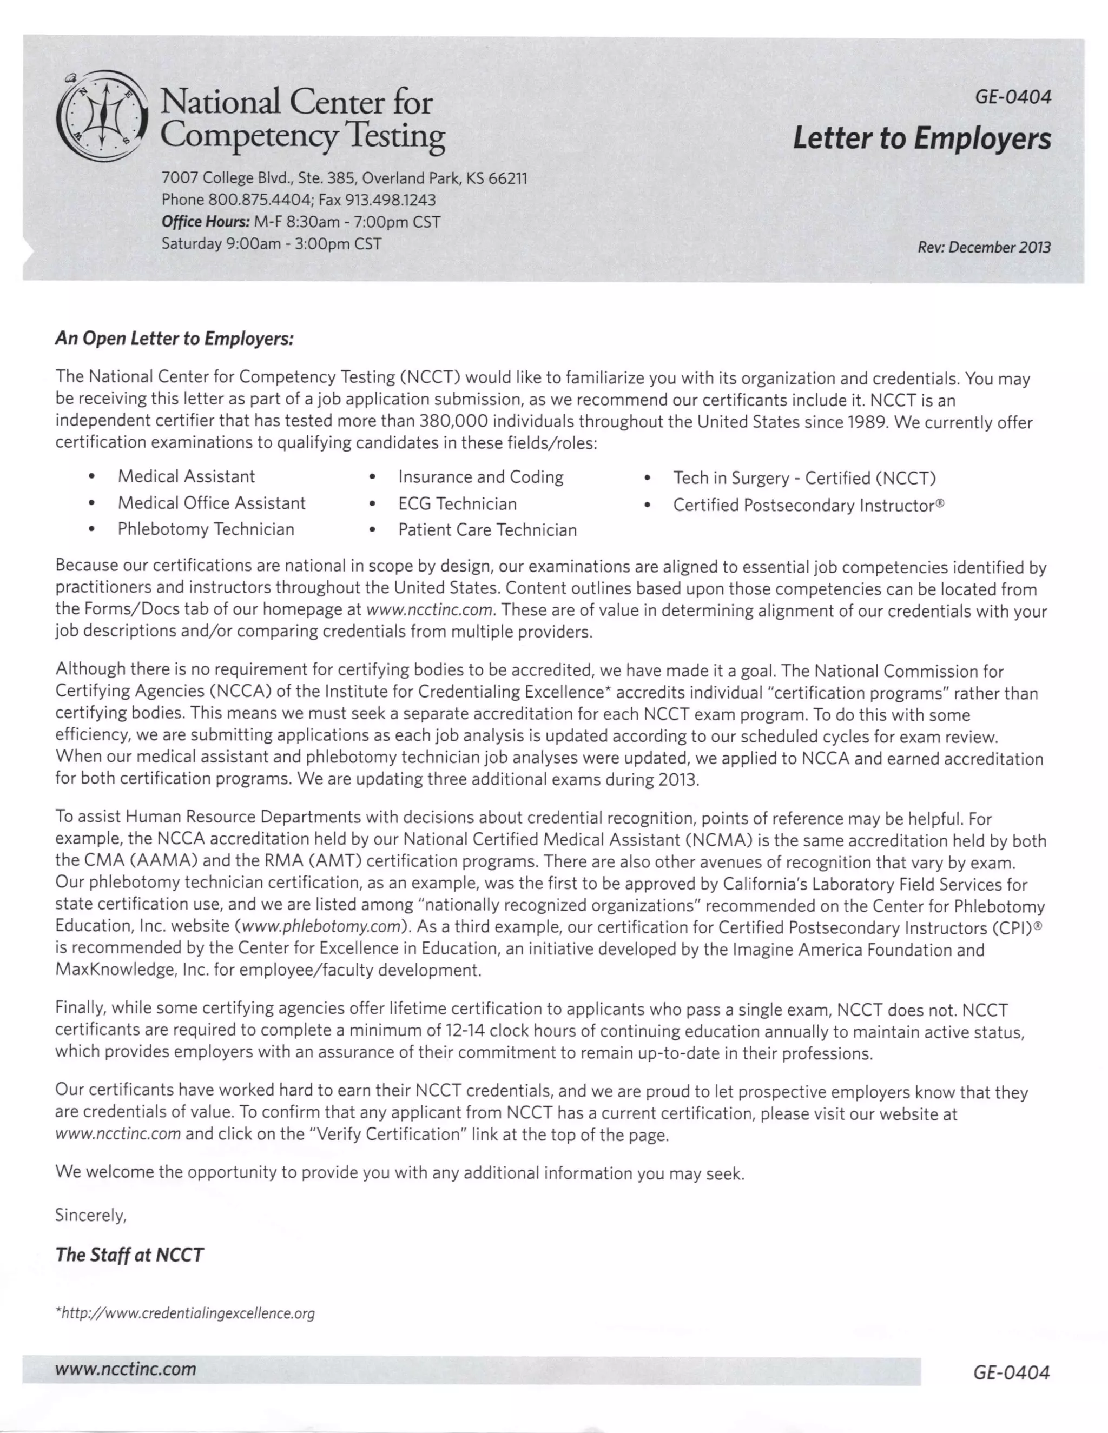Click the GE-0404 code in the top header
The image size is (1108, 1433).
[1012, 97]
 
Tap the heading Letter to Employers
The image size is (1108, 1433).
[921, 138]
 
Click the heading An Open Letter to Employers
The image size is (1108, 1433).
[174, 339]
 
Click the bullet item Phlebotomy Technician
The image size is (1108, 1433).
[206, 529]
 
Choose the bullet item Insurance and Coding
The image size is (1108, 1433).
[480, 477]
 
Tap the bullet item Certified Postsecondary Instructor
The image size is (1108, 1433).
[807, 505]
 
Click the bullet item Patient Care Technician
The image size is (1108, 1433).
[487, 530]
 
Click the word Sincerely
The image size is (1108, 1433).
[90, 1215]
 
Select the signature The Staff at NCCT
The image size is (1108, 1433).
[129, 1255]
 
